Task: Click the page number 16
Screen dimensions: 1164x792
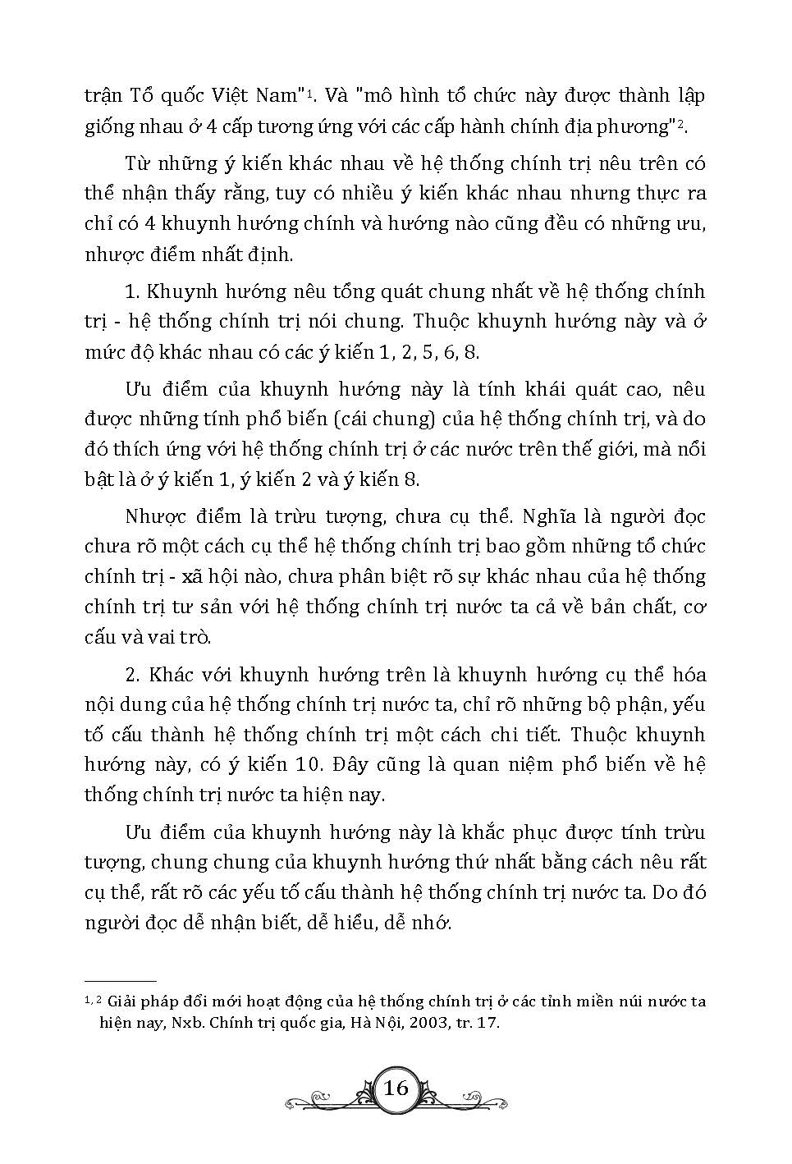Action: click(396, 1088)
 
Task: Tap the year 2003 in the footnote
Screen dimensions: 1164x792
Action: click(405, 1023)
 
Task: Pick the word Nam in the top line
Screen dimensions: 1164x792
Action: click(277, 95)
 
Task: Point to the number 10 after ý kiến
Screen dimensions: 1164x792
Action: click(302, 764)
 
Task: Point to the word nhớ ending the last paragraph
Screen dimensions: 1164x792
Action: click(435, 923)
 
